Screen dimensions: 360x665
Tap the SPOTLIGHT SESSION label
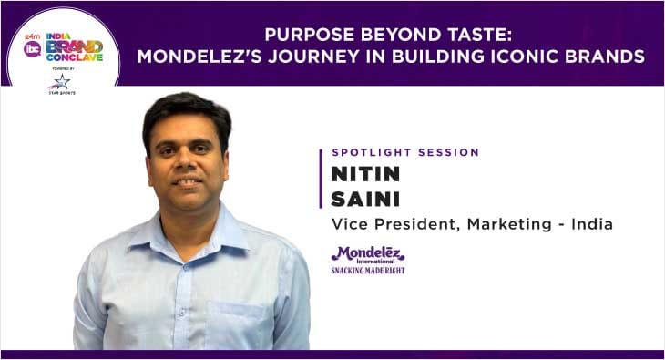click(405, 152)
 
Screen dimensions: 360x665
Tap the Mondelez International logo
click(368, 255)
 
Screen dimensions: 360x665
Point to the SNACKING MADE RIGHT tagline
click(368, 270)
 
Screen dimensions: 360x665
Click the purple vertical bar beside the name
click(321, 178)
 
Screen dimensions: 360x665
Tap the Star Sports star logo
click(60, 82)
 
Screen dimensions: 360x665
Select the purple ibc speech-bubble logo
click(32, 48)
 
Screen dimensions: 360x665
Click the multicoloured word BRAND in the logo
click(74, 46)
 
